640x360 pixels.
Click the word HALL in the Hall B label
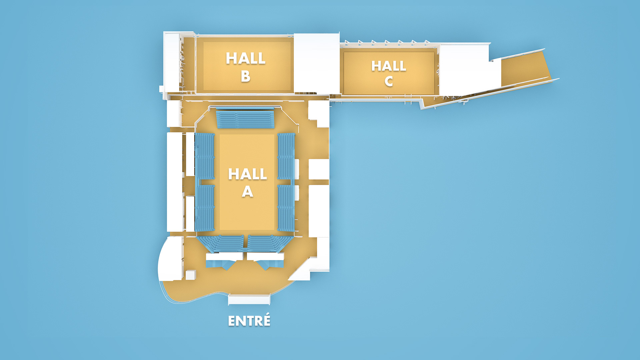[246, 58]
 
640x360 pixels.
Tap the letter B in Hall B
[246, 76]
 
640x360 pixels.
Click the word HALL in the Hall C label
[389, 66]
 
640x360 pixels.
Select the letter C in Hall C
[389, 81]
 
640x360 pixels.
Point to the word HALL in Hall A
[247, 174]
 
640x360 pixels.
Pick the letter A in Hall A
[247, 192]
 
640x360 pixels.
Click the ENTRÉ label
[249, 321]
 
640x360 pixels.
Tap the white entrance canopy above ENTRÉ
[249, 299]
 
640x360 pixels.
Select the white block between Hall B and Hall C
[316, 63]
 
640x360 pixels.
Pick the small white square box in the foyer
[191, 275]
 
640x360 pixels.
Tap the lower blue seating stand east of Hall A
[286, 208]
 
